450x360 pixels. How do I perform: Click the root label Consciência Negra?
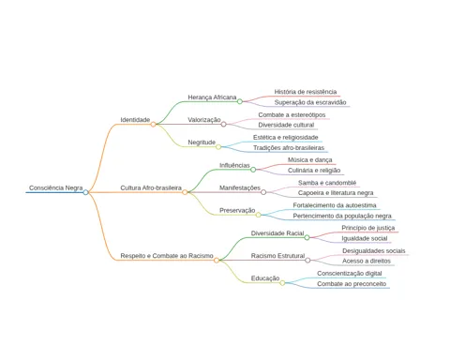(x=56, y=187)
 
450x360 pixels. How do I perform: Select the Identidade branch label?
(x=135, y=120)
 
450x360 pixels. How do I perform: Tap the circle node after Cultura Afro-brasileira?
(x=185, y=192)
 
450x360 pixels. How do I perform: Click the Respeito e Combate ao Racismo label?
(x=167, y=256)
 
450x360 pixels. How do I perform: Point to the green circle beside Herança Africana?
(x=240, y=101)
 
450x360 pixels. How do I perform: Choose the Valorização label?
(x=204, y=120)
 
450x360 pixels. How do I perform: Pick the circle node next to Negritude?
(x=218, y=147)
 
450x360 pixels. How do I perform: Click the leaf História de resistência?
(x=306, y=92)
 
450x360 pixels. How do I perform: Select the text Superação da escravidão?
(x=310, y=102)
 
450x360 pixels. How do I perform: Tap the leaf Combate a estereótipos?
(x=292, y=114)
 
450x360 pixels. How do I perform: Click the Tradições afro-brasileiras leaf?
(x=289, y=147)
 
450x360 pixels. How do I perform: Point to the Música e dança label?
(x=310, y=159)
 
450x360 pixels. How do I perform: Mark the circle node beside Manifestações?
(x=263, y=192)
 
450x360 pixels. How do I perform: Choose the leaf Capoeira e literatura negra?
(x=336, y=193)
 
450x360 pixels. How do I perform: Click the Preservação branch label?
(x=237, y=210)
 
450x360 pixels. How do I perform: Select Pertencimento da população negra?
(x=342, y=216)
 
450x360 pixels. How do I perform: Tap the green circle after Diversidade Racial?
(x=307, y=237)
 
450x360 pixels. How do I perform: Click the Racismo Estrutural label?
(x=277, y=256)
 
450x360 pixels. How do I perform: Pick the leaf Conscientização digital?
(x=350, y=274)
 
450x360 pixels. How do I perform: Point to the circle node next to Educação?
(x=282, y=283)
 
